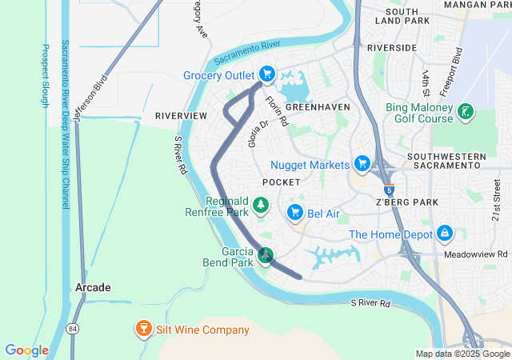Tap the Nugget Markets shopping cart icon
362,164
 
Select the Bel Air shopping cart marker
294,211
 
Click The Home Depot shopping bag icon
445,234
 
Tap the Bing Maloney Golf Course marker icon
465,114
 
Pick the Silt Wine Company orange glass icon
143,329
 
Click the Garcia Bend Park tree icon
265,256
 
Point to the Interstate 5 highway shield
388,190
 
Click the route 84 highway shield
73,329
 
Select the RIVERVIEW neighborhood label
181,116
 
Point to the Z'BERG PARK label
407,202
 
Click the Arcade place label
93,286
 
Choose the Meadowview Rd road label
478,254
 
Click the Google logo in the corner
27,350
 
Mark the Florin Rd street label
276,111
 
